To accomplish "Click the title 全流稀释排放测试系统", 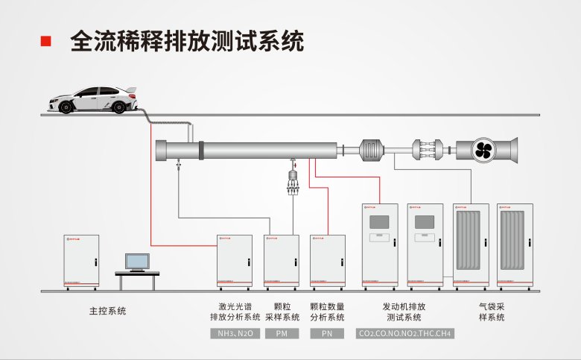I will coord(187,41).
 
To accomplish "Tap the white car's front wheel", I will coord(66,107).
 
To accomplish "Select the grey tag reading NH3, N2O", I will coord(235,334).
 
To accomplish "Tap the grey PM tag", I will coord(282,334).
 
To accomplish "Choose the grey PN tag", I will coord(327,334).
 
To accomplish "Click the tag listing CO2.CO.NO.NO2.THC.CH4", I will coord(404,334).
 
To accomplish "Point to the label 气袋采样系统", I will coord(492,312).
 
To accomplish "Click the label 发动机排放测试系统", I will coord(404,312).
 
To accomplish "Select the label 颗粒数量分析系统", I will coord(327,312).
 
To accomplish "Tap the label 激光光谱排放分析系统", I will coord(235,312).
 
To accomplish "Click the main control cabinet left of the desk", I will coord(81,261).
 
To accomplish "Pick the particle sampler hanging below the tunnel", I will coord(292,181).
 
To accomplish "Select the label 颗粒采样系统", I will coord(282,312).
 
